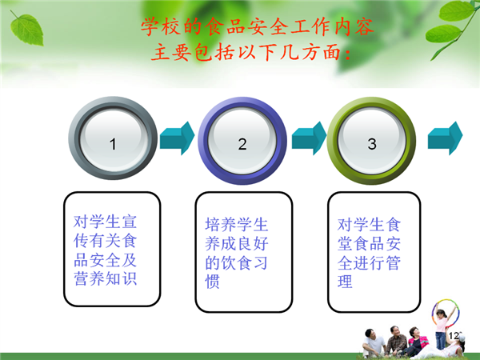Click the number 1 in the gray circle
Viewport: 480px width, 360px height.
[x=113, y=144]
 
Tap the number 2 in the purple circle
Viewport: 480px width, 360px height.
[x=242, y=144]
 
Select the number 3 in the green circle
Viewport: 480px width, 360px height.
[x=372, y=144]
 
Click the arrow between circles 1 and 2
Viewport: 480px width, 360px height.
[x=178, y=138]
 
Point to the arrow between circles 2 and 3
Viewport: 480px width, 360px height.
[x=309, y=138]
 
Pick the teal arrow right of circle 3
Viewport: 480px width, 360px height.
[x=445, y=138]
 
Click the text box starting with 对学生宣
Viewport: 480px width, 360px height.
[x=112, y=249]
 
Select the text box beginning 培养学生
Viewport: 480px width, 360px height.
[x=244, y=252]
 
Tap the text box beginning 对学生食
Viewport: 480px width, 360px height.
[x=374, y=252]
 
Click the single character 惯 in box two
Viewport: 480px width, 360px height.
[x=213, y=282]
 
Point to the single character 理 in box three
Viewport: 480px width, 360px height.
[x=345, y=282]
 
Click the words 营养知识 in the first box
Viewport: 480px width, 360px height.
[x=105, y=278]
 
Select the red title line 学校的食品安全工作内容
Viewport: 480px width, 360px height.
[x=258, y=27]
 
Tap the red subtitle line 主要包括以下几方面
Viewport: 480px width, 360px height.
[x=250, y=52]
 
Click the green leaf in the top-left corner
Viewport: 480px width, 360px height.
[x=26, y=30]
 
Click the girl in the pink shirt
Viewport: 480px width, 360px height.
[x=441, y=328]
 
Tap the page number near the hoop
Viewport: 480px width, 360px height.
[x=454, y=335]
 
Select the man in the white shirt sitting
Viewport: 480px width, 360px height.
[x=373, y=343]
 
